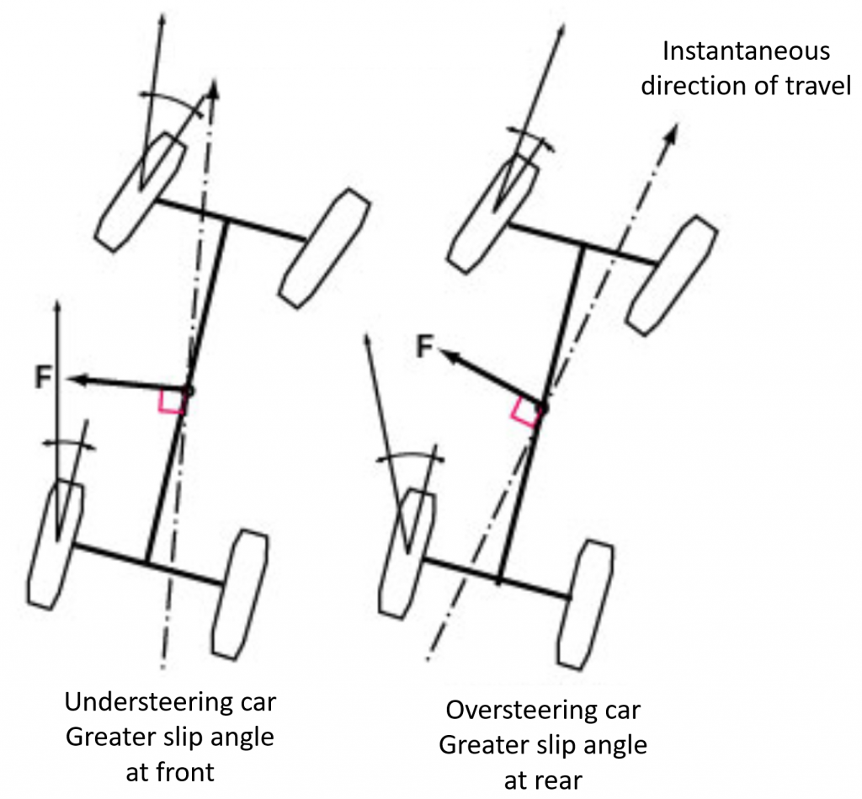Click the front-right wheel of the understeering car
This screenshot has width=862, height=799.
pyautogui.click(x=326, y=248)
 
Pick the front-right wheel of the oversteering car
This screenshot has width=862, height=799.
pyautogui.click(x=673, y=274)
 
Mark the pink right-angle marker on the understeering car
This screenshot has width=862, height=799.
pyautogui.click(x=170, y=402)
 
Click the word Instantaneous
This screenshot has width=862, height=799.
pyautogui.click(x=746, y=51)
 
